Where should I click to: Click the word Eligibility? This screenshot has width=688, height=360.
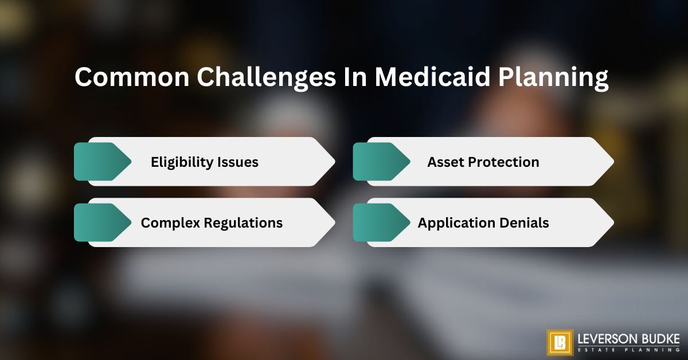(x=182, y=163)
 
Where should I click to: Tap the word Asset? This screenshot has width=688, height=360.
(x=446, y=162)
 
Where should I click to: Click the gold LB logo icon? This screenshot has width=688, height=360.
(x=560, y=342)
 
